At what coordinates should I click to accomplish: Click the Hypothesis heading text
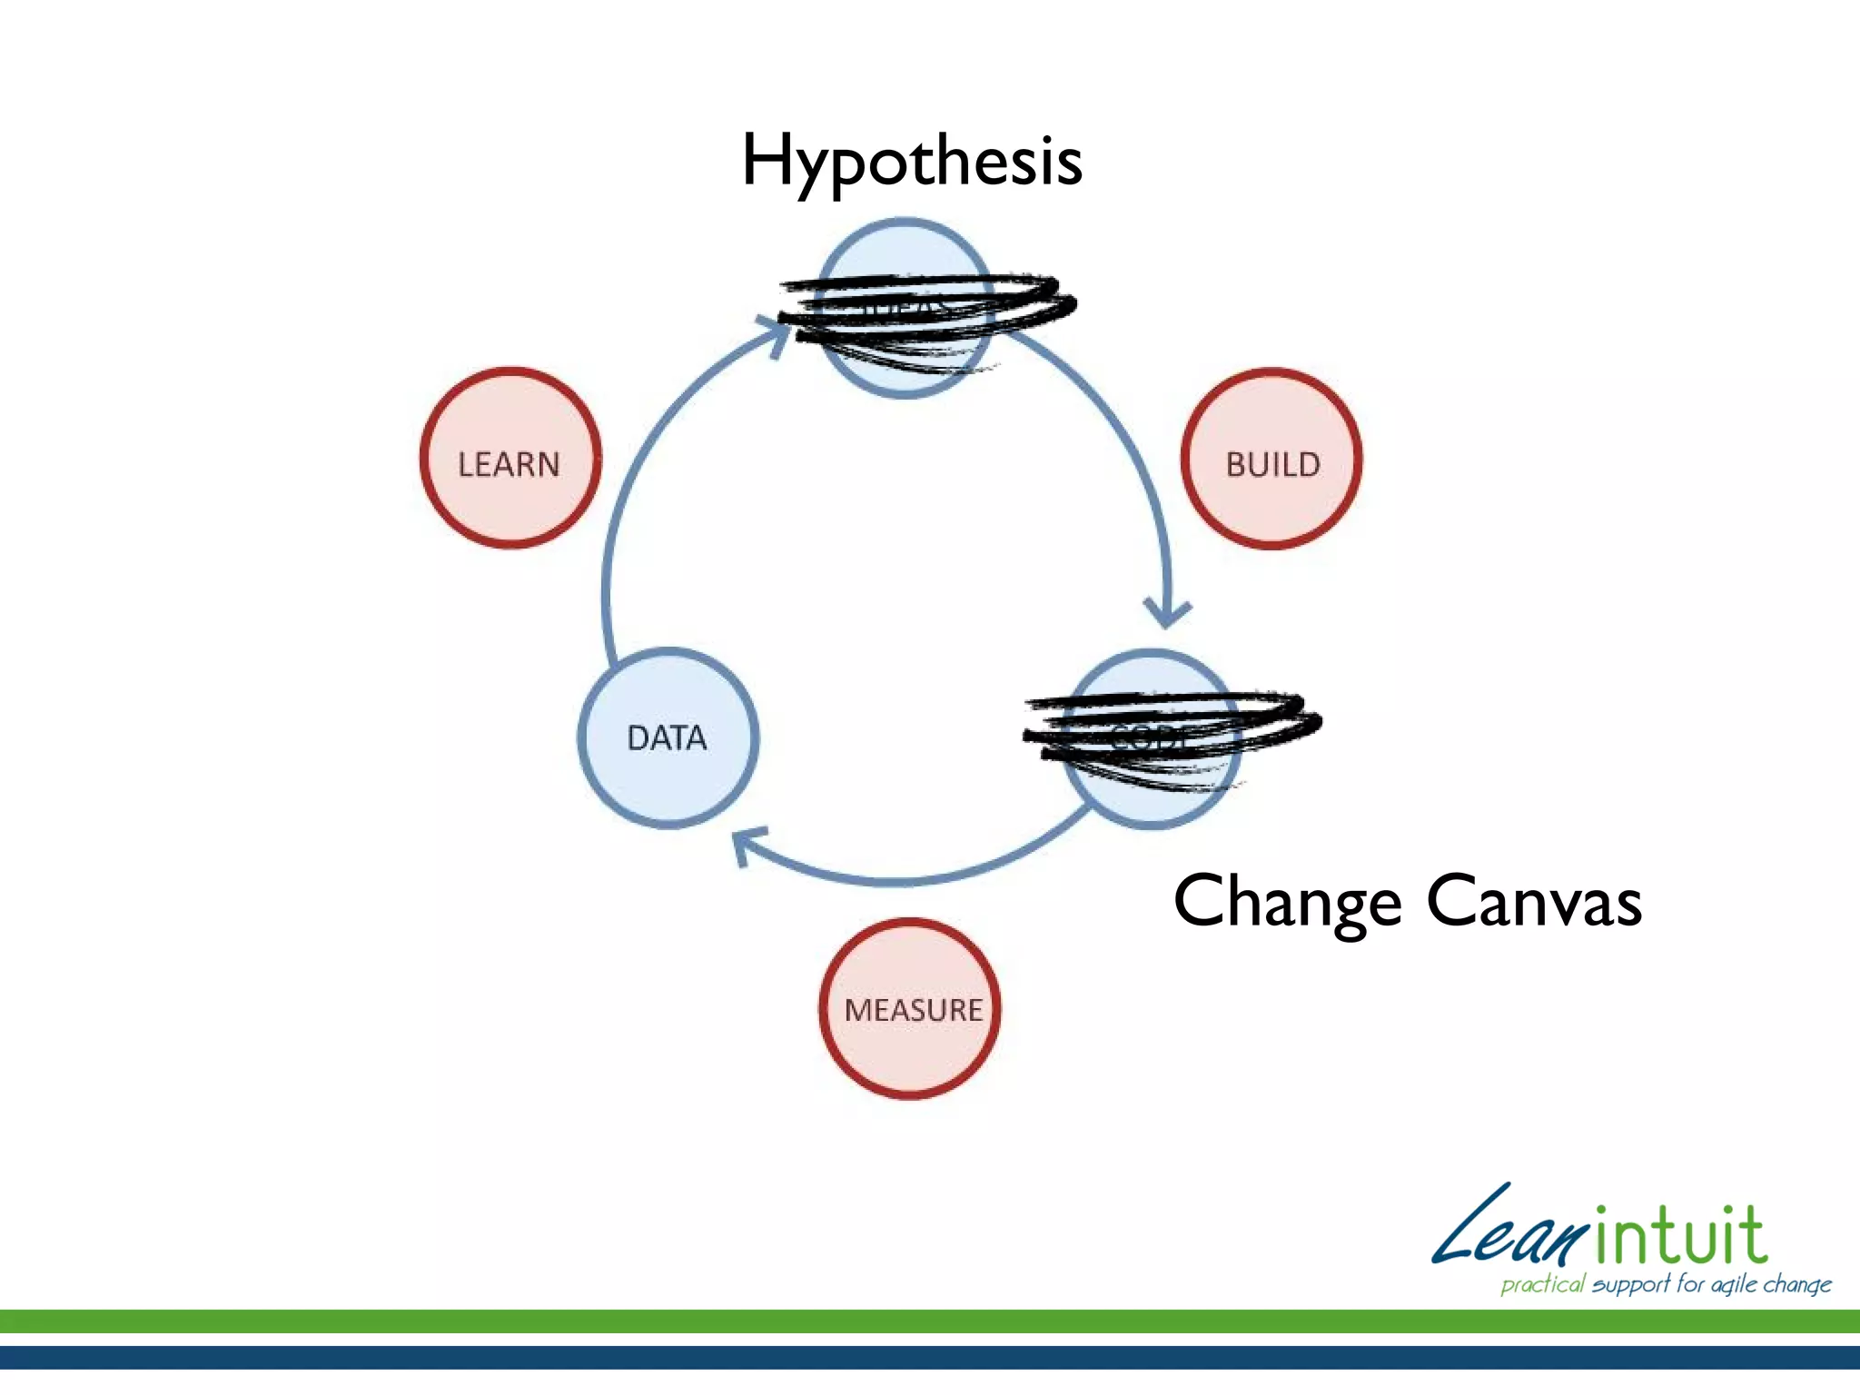(912, 162)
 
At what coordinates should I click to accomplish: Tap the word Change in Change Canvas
(1286, 903)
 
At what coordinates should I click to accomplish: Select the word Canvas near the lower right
(1534, 903)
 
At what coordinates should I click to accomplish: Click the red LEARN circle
(510, 459)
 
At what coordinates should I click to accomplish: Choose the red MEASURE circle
(911, 1009)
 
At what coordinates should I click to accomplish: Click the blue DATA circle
(668, 737)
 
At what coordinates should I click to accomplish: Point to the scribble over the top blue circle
(926, 313)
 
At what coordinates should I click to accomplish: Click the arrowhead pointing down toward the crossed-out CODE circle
(1167, 612)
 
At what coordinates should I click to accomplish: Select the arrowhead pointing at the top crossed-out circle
(777, 332)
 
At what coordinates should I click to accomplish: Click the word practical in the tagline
(1542, 1284)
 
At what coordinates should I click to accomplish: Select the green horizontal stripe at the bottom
(930, 1321)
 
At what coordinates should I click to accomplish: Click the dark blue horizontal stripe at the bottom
(930, 1357)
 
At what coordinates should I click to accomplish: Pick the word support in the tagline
(1631, 1284)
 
